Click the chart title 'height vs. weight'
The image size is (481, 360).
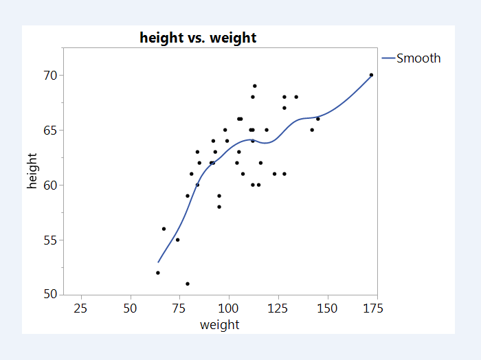tap(198, 38)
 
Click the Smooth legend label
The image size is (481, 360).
tap(418, 58)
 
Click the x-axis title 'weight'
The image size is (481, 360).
tap(219, 325)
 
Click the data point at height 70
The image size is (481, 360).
tap(371, 75)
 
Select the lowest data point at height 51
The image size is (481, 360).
tap(188, 284)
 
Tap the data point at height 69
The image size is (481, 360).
tap(254, 86)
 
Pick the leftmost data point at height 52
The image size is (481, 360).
tap(158, 273)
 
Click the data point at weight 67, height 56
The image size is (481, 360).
tap(164, 229)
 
